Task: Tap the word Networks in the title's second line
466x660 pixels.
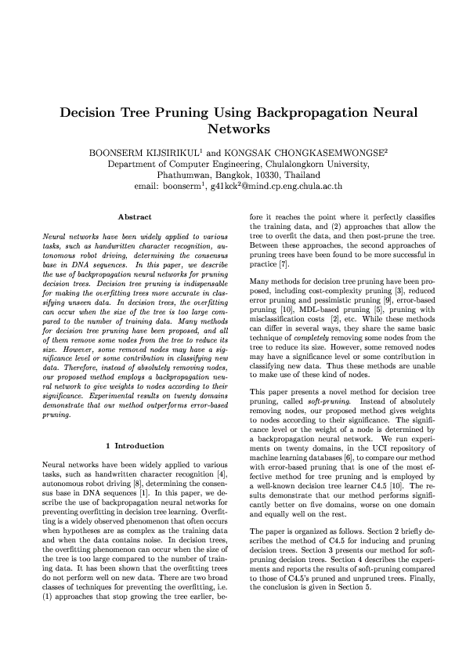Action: (233, 129)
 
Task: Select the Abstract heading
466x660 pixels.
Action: (134, 216)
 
